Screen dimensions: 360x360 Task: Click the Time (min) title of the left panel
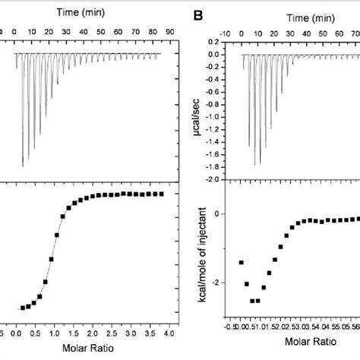(x=89, y=12)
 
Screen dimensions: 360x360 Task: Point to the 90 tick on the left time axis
(x=169, y=32)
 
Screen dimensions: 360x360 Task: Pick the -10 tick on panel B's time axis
(x=226, y=34)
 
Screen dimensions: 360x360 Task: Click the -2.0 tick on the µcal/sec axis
(x=214, y=179)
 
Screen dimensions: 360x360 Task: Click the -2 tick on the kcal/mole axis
(x=217, y=283)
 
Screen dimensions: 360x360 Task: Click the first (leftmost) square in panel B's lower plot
(x=241, y=262)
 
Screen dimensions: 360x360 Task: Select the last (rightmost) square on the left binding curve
(x=161, y=194)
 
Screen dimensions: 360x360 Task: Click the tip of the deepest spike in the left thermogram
(x=23, y=166)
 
